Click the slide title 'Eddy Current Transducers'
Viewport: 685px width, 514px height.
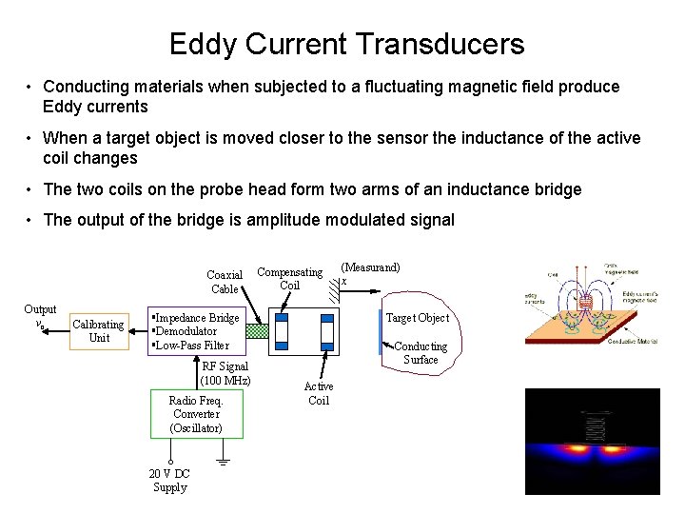point(346,44)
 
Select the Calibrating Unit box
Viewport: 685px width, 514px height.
point(99,331)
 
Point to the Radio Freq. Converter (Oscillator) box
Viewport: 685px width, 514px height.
point(196,414)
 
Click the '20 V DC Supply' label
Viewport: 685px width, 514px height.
point(170,481)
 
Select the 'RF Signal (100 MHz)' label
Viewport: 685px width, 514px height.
point(225,373)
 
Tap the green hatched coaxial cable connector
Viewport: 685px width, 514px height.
point(258,331)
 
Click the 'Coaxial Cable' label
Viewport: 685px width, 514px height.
point(225,282)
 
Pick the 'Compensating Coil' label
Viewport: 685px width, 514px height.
point(290,278)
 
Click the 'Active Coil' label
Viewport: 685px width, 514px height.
point(319,393)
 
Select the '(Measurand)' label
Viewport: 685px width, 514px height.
point(370,267)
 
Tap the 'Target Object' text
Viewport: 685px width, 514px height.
point(417,318)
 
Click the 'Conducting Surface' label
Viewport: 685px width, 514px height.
point(421,353)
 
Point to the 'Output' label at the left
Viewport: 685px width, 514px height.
point(40,309)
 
